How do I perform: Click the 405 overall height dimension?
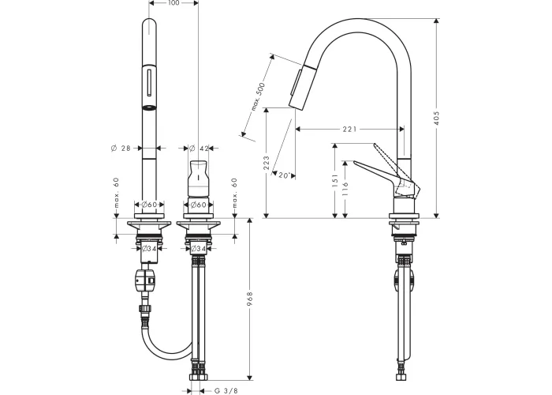437,118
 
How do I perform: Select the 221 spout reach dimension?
349,130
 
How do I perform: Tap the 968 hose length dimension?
250,299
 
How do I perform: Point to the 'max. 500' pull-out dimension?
258,96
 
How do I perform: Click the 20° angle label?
285,175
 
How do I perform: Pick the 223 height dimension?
267,163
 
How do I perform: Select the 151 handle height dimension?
335,180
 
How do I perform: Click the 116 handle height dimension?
345,189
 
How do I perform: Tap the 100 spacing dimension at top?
173,3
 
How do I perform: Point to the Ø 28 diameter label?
121,149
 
